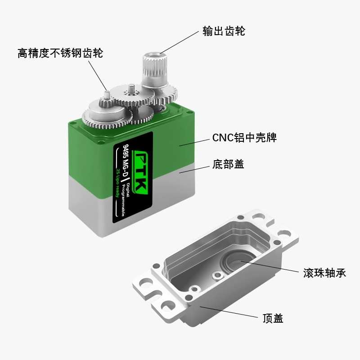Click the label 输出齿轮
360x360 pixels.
tap(224, 31)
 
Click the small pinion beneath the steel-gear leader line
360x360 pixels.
tap(107, 97)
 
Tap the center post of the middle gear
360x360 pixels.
tap(131, 89)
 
